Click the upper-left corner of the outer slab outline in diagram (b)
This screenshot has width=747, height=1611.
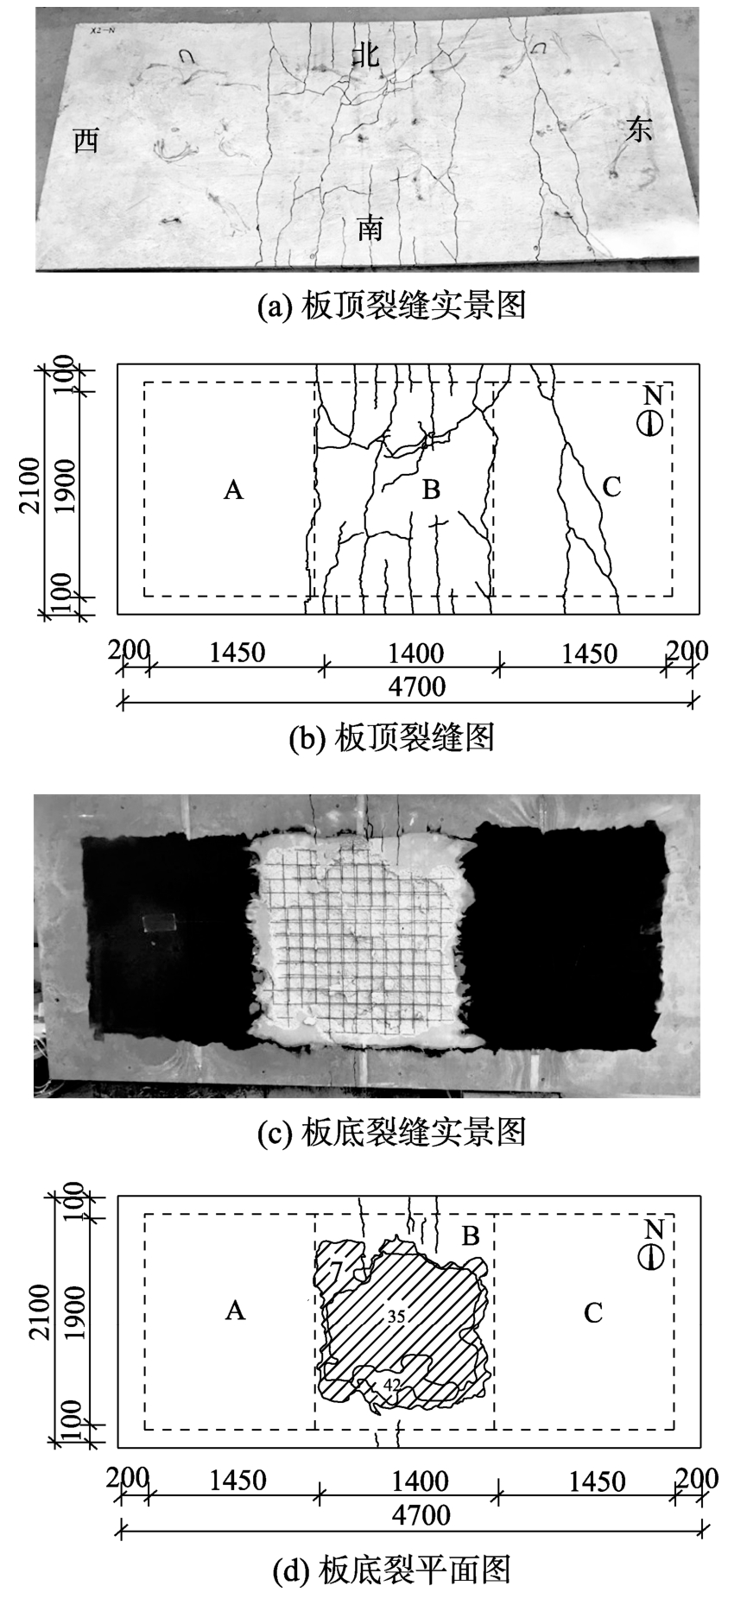(118, 364)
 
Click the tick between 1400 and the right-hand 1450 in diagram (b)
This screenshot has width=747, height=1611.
(498, 665)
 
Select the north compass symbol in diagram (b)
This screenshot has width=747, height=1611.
(652, 423)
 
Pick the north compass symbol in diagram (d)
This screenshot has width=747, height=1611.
(652, 1257)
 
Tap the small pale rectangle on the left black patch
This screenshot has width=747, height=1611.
(160, 922)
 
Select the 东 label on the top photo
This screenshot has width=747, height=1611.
(640, 130)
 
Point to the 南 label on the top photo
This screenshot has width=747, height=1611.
(370, 228)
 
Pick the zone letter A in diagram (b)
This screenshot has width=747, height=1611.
(233, 490)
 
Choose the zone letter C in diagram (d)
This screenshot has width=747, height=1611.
(592, 1313)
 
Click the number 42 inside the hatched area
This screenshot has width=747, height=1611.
(392, 1384)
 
